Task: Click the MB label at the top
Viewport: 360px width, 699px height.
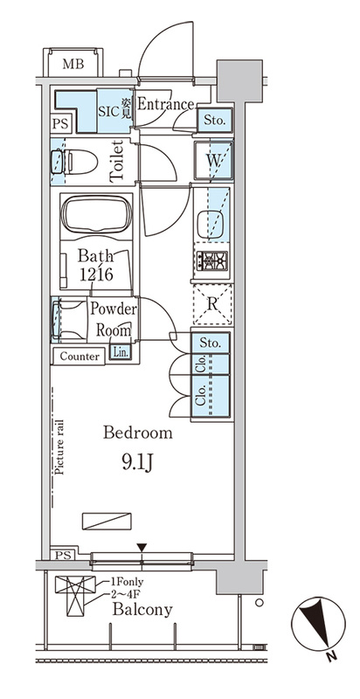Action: (x=73, y=64)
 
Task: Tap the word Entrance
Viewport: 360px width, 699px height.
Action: (x=165, y=104)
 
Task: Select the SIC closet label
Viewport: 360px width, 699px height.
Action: (x=108, y=111)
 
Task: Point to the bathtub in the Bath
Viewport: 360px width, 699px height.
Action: (x=96, y=214)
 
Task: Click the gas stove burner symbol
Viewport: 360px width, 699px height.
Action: (x=212, y=260)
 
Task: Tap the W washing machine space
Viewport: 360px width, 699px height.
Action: (x=213, y=161)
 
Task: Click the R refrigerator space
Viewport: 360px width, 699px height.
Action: (x=212, y=304)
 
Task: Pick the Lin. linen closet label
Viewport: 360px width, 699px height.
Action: (x=121, y=352)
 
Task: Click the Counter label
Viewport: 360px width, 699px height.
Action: (x=80, y=356)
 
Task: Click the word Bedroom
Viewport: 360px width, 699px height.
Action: (x=138, y=433)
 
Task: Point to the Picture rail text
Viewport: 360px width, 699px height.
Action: (x=59, y=447)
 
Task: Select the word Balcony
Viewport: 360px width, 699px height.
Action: (x=142, y=609)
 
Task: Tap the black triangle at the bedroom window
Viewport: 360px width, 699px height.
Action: (x=142, y=548)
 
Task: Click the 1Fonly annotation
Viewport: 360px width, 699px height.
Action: (x=126, y=582)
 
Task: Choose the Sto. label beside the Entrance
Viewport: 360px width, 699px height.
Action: (x=214, y=120)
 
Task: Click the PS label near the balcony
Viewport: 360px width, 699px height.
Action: (x=63, y=556)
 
